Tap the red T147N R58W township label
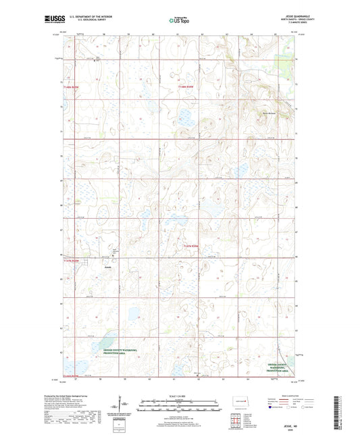tap(194, 247)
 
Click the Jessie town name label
tap(107, 267)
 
